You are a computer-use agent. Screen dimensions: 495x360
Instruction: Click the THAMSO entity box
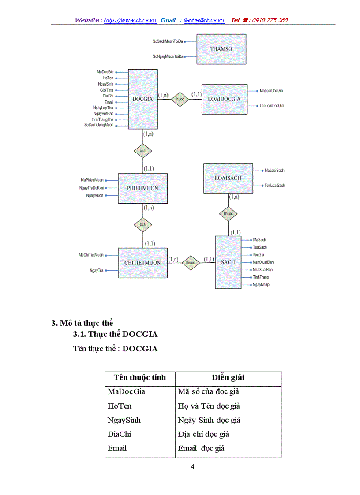221,49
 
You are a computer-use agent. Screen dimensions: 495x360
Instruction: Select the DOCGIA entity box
142,99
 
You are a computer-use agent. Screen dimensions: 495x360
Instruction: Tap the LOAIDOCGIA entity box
224,99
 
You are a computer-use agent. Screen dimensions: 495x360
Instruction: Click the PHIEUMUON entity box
142,188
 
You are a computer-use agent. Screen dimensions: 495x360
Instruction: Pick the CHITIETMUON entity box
142,263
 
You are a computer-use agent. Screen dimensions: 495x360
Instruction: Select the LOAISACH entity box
228,178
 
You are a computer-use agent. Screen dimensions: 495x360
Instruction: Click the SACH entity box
228,262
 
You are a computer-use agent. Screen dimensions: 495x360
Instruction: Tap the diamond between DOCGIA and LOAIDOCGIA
180,99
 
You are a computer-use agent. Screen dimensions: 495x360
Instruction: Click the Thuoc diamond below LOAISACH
228,214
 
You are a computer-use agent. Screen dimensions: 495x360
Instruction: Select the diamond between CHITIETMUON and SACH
191,263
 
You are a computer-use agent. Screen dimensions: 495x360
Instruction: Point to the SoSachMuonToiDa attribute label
168,41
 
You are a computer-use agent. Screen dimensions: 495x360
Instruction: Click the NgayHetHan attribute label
103,113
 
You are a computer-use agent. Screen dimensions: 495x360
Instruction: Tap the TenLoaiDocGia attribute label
271,106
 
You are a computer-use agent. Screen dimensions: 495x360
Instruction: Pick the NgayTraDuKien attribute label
91,188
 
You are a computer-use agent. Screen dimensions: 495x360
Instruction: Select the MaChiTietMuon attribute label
91,255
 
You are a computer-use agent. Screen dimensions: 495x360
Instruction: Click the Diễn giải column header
228,378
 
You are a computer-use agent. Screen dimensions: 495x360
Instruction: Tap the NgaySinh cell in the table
124,420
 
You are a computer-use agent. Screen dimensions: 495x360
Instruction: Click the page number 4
192,467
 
